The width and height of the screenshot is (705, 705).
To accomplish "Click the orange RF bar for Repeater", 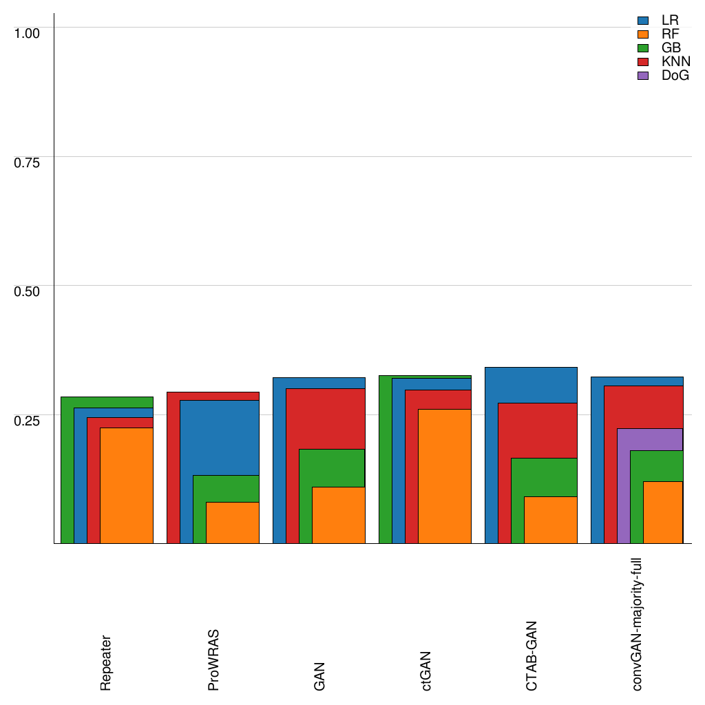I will click(127, 485).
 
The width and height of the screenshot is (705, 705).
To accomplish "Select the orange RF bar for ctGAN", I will click(445, 476).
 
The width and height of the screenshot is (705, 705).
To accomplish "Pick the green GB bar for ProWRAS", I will click(199, 509).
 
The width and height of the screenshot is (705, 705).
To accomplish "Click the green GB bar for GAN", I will click(305, 496).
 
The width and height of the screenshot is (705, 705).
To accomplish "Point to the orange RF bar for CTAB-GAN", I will click(551, 520).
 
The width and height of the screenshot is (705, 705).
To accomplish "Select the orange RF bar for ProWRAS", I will click(233, 523).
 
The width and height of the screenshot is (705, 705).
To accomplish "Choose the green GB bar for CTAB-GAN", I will click(517, 501).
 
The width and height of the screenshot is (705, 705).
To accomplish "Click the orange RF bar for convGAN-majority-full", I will click(662, 512).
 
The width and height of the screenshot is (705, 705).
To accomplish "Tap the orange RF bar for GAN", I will click(339, 515).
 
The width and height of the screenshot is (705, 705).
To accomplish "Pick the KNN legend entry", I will click(675, 62).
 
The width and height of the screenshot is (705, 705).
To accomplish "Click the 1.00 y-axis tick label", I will click(28, 32).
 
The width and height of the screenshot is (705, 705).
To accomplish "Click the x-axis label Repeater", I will click(106, 662).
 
